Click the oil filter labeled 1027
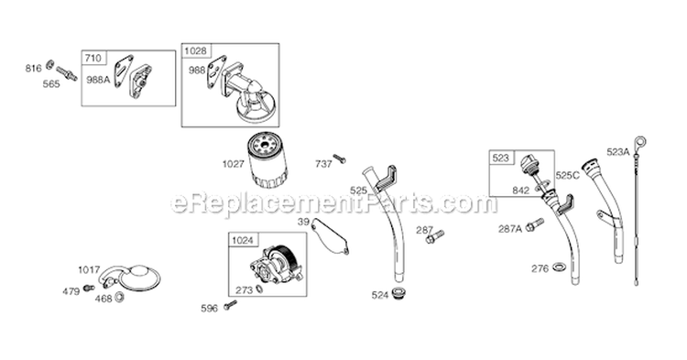[x=267, y=159]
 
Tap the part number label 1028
[x=195, y=50]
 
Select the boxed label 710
[x=93, y=58]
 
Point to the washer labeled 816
[x=50, y=64]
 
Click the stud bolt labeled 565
[x=66, y=73]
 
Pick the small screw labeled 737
[x=339, y=158]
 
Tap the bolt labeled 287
[x=434, y=237]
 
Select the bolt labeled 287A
[x=534, y=224]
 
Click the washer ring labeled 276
[x=559, y=267]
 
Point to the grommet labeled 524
[x=398, y=293]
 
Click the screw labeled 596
[x=230, y=305]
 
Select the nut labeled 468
[x=119, y=298]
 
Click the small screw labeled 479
[x=89, y=288]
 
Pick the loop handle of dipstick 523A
[x=641, y=142]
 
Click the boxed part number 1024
[x=243, y=240]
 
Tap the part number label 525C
[x=567, y=176]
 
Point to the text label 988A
[x=98, y=80]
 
